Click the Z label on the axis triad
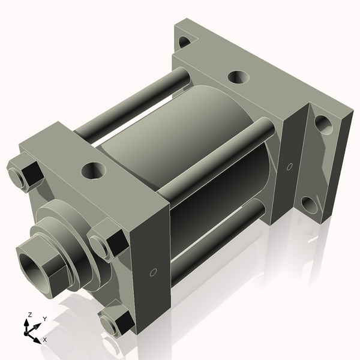pos(29,314)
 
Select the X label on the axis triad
pos(45,340)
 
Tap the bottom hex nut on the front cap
pos(115,323)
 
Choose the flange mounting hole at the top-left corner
pos(185,42)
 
